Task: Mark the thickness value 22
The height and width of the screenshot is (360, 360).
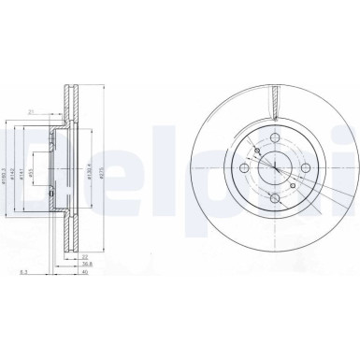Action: [x=83, y=256]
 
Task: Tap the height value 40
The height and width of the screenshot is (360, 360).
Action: [x=83, y=274]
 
